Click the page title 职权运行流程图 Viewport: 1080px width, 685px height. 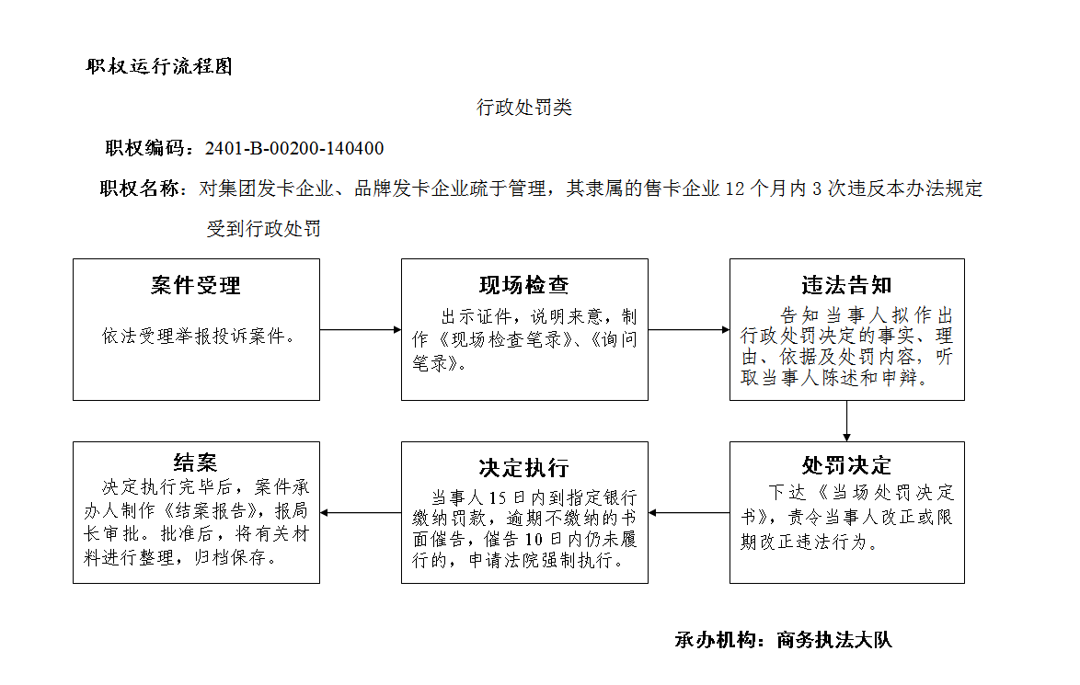click(159, 66)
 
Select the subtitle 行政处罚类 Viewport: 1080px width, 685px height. click(524, 108)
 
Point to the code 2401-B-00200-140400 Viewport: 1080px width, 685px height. click(294, 148)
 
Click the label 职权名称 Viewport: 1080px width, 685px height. click(140, 188)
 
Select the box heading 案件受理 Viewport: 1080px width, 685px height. click(196, 285)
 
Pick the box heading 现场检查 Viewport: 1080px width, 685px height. click(524, 284)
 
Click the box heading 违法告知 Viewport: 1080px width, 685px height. click(846, 284)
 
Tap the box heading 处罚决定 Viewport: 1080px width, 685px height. click(846, 465)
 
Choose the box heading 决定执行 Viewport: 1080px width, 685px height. click(524, 467)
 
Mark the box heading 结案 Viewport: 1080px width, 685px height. click(196, 462)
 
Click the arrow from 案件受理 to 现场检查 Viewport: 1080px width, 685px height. click(361, 330)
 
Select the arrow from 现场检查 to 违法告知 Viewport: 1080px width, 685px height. click(689, 330)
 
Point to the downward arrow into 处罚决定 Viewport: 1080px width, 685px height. click(846, 420)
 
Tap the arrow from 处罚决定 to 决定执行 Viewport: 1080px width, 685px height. click(689, 513)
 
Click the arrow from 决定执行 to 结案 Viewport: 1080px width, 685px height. click(361, 513)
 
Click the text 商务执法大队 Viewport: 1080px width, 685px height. click(834, 640)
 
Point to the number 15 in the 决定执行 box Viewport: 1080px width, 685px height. click(498, 497)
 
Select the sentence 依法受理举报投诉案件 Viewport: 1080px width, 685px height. click(193, 336)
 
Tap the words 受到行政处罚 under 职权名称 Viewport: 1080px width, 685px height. click(264, 229)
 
